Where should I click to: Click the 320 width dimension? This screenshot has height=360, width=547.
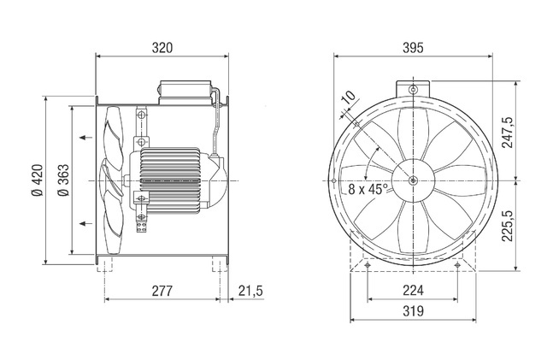coord(162,48)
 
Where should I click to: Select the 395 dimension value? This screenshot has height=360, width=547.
coord(413,48)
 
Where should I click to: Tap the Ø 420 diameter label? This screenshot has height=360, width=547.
coord(38,180)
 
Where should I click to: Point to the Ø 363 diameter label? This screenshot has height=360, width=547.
coord(64,180)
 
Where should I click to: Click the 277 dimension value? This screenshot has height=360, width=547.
coord(162,291)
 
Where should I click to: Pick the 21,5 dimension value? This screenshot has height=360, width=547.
coord(250,291)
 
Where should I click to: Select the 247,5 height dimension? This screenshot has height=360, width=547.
coord(508,133)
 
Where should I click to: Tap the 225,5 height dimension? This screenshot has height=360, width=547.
coord(508,226)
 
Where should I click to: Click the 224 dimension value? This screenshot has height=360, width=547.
coord(413,290)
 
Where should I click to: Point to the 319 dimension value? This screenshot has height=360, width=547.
coord(413,310)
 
